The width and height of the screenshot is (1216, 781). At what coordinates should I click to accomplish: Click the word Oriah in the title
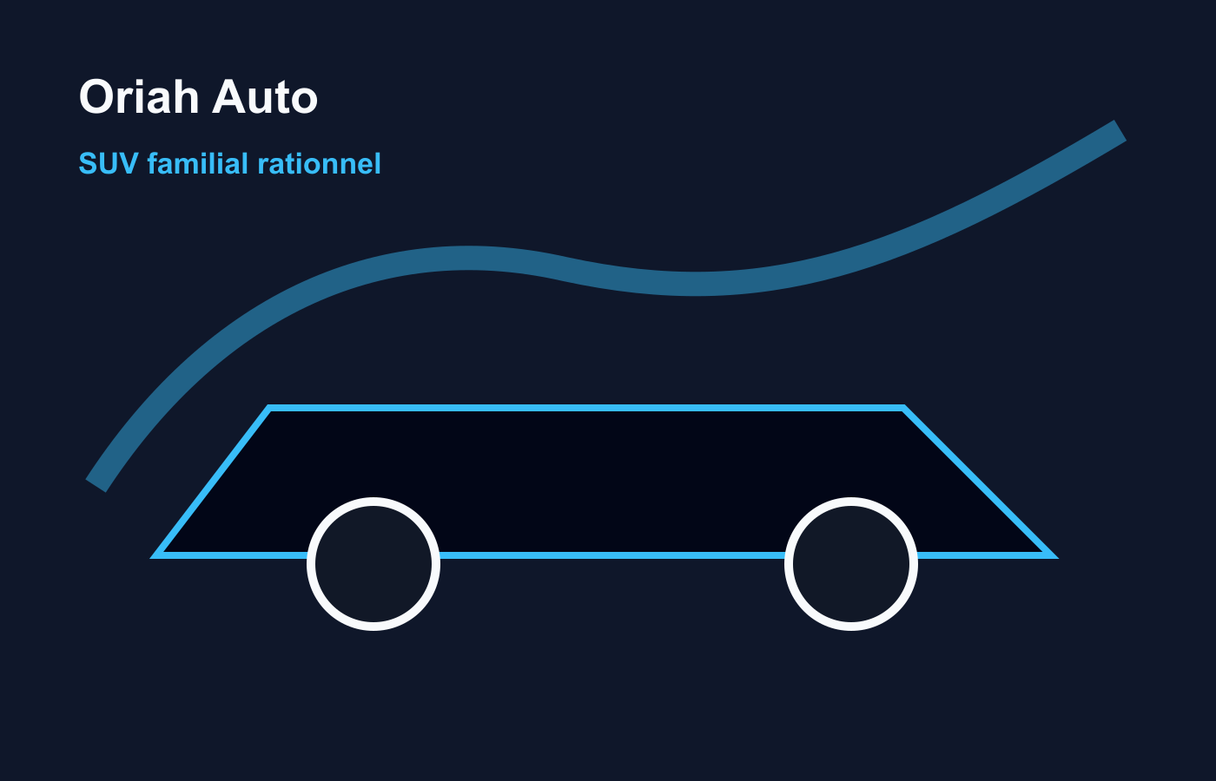(139, 96)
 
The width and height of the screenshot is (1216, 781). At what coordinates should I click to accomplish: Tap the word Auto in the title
(265, 96)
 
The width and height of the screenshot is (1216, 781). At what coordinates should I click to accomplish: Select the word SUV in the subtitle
(109, 164)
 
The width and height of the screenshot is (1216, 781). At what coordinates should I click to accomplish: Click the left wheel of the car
(373, 564)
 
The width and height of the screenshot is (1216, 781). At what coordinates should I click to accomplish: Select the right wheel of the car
(851, 564)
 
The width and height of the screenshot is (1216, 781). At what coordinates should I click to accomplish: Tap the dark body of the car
(598, 477)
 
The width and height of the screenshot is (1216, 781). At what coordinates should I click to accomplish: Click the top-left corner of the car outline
(269, 408)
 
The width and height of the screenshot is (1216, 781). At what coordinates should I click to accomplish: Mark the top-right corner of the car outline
(903, 408)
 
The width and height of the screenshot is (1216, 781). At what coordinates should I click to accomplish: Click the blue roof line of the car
(586, 408)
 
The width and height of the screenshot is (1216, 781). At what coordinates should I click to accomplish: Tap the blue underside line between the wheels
(612, 555)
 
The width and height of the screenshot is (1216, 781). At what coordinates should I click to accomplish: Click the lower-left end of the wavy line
(96, 485)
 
